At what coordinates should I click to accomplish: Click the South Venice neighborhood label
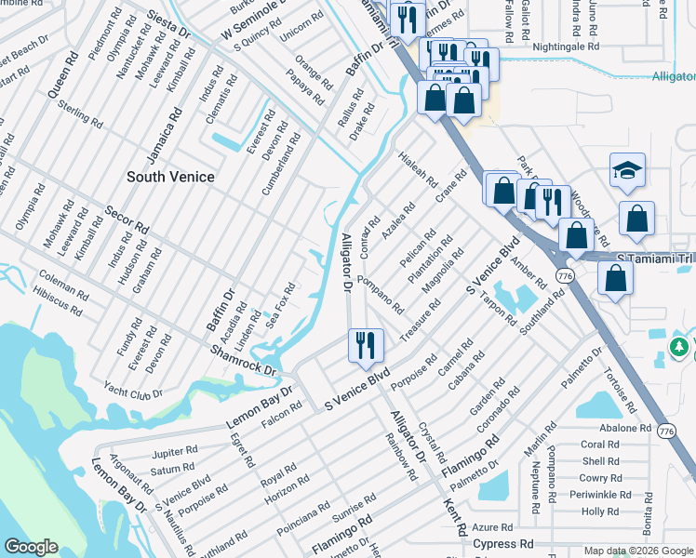pyautogui.click(x=170, y=177)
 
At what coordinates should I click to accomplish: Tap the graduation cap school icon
pyautogui.click(x=628, y=170)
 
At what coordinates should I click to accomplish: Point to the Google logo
pyautogui.click(x=32, y=547)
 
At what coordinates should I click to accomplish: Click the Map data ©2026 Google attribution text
pyautogui.click(x=638, y=551)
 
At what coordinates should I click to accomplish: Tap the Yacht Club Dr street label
pyautogui.click(x=133, y=392)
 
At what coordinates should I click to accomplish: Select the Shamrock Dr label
pyautogui.click(x=245, y=361)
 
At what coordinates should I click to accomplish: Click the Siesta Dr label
pyautogui.click(x=170, y=24)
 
